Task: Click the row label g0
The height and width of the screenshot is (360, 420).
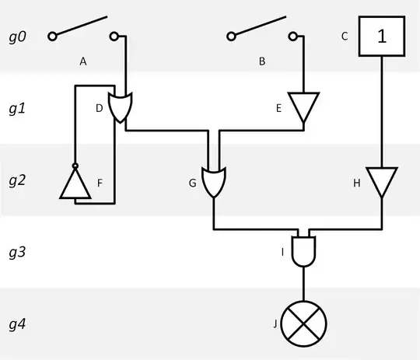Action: point(16,36)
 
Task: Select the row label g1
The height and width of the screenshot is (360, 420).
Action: point(16,108)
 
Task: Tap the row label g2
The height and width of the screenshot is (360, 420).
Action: point(16,180)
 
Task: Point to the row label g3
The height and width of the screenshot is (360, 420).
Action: point(16,252)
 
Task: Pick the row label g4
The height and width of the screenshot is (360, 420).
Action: point(16,324)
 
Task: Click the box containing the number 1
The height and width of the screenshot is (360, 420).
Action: point(381,36)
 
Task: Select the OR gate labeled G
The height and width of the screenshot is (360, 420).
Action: point(214,181)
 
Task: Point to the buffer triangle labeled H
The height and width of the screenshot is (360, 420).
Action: point(381,183)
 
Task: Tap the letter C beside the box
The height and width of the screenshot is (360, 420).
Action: point(344,36)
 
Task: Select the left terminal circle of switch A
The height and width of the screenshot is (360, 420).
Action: point(52,36)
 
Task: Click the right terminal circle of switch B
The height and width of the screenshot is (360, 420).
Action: point(293,36)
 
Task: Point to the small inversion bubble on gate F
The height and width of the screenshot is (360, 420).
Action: point(75,166)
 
